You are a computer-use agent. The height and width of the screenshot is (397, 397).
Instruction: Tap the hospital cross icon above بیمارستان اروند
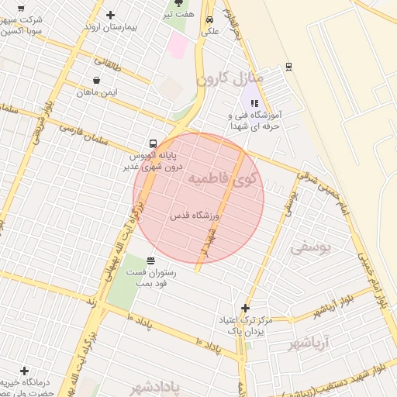(x=110, y=15)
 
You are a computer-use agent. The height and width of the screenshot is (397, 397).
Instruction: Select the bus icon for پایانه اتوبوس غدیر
(x=153, y=143)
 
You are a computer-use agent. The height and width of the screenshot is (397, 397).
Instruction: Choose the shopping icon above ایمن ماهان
(x=95, y=80)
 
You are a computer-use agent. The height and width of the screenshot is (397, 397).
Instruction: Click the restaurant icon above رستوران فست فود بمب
(x=150, y=261)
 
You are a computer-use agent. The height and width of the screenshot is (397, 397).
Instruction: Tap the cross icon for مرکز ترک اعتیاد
(x=246, y=308)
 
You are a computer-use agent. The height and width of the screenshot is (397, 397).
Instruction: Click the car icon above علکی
(x=209, y=20)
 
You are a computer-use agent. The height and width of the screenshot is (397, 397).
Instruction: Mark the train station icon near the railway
(x=288, y=67)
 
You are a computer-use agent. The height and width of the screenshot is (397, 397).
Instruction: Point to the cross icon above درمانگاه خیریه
(x=24, y=371)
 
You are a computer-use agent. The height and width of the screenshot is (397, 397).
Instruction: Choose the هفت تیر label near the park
(x=178, y=14)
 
